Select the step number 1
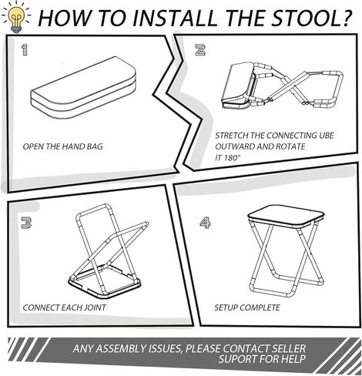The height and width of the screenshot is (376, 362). tap(25, 49)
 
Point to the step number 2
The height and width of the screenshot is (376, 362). tap(200, 50)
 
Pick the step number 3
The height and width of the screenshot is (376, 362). tap(26, 223)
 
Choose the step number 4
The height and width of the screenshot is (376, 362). tap(205, 223)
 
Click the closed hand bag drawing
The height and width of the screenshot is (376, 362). tap(83, 87)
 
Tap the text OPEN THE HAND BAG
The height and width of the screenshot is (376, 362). tap(62, 146)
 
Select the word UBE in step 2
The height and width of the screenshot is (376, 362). tap(327, 136)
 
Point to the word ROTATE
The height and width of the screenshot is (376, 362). tap(290, 146)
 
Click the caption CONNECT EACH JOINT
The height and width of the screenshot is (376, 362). tap(64, 307)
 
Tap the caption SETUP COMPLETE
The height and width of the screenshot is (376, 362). tap(247, 307)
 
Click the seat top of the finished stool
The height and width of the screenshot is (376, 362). tap(286, 216)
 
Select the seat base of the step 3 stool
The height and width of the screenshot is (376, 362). tap(105, 282)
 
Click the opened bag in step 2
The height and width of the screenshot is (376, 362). tap(237, 86)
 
